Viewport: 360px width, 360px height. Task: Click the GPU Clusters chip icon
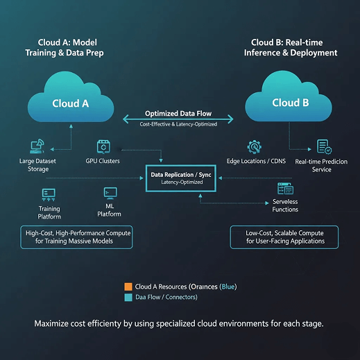(x=104, y=146)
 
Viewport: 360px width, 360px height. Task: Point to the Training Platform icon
(x=49, y=194)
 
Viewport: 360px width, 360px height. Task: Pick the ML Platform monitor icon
(x=110, y=192)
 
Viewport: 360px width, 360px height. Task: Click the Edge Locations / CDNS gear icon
(x=254, y=147)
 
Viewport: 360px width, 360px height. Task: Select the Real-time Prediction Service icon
(x=323, y=146)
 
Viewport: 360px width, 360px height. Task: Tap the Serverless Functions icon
(x=285, y=189)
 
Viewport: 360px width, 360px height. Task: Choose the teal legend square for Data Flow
(x=128, y=297)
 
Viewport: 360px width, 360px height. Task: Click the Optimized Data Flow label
(x=180, y=113)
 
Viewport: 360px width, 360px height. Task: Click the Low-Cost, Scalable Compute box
(x=284, y=237)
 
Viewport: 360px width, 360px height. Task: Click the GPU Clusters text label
(x=104, y=161)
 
